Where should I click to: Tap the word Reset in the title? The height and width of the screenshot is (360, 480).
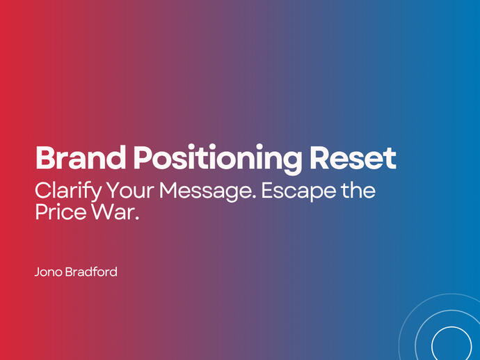coord(353,159)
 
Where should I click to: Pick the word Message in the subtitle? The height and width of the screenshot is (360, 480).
coord(209,191)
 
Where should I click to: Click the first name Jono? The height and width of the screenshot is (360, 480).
coord(49,271)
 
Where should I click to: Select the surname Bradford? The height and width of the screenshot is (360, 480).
coord(92,271)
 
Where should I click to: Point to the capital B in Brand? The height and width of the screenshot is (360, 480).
coord(45,159)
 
